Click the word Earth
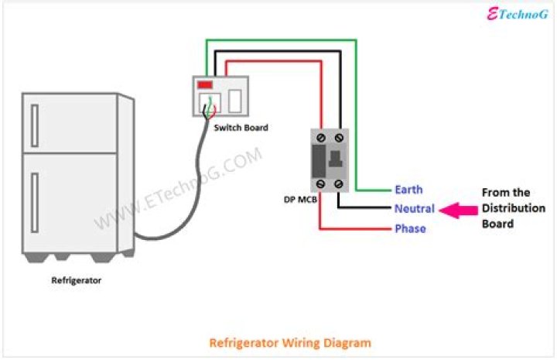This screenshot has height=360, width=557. (408, 190)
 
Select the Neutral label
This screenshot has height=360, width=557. (414, 209)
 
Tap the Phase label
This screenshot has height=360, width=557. (410, 228)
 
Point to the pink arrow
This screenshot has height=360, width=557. (459, 209)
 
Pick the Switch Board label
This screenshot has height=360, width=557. (241, 128)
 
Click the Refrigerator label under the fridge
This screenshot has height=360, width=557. (76, 281)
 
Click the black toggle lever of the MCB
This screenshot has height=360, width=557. (337, 161)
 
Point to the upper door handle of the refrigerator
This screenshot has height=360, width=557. (35, 125)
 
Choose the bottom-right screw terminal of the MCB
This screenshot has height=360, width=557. (339, 183)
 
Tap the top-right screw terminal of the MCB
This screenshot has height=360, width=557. (339, 137)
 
